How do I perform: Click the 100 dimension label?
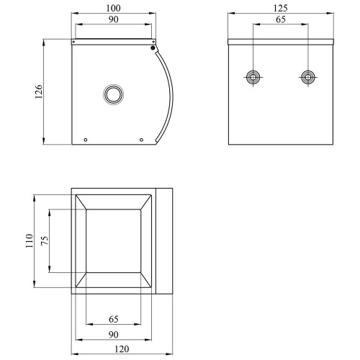[x=113, y=8]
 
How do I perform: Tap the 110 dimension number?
[x=30, y=240]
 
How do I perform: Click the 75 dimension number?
[x=45, y=240]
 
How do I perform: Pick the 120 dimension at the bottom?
[x=122, y=349]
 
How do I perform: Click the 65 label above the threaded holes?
[x=281, y=19]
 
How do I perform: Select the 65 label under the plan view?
[x=114, y=319]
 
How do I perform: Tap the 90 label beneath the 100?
[x=113, y=19]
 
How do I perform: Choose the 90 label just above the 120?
[x=113, y=334]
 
